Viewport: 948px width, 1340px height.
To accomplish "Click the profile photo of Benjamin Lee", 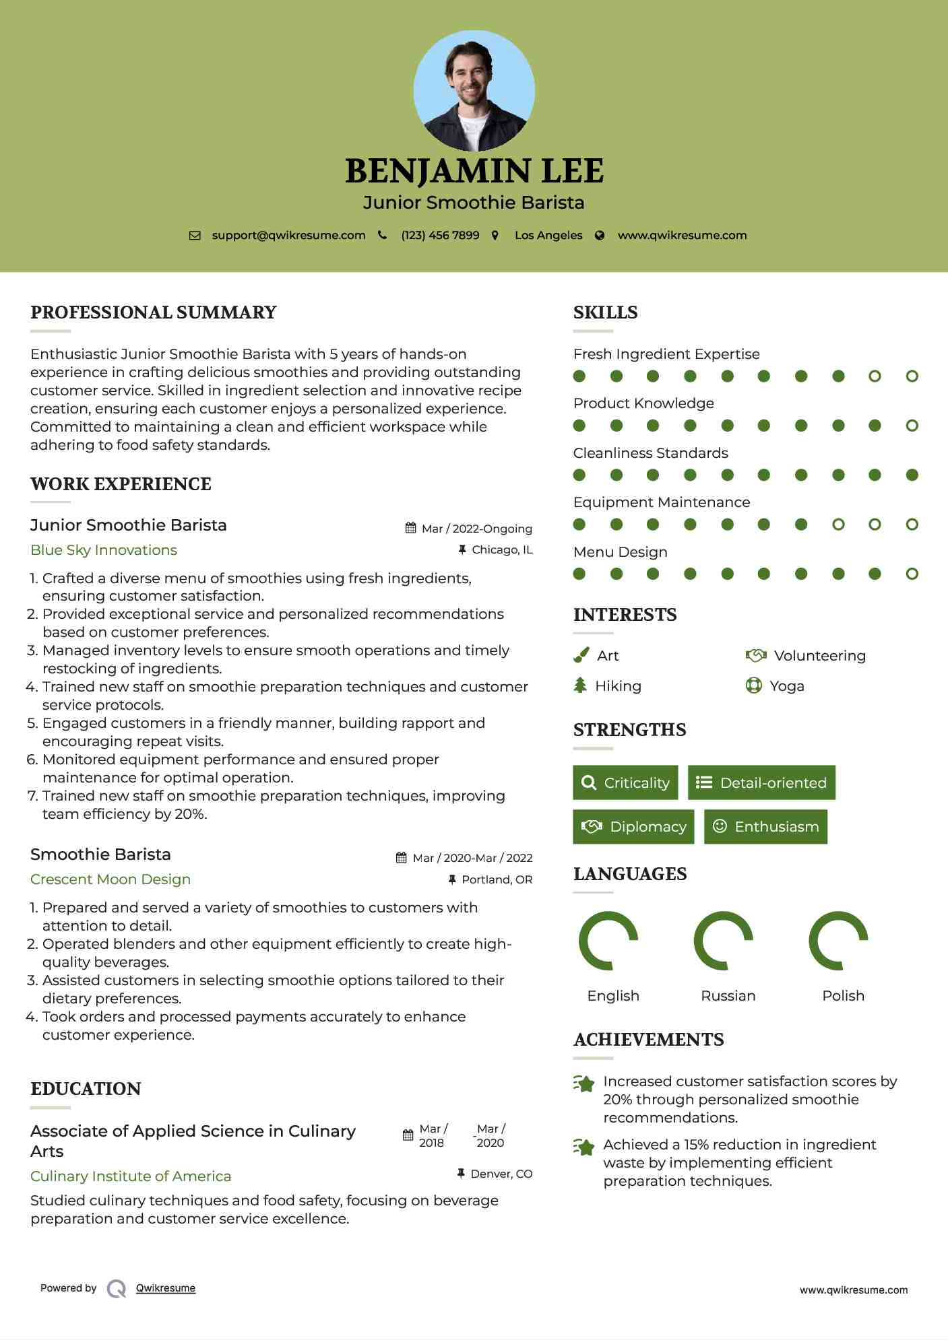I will (x=474, y=91).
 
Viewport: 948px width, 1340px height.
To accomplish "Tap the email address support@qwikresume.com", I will (x=288, y=235).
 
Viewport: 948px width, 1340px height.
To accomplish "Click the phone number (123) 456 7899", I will (x=440, y=235).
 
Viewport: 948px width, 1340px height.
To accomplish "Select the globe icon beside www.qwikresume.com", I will (x=600, y=236).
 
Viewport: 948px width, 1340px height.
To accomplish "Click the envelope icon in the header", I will (x=195, y=236).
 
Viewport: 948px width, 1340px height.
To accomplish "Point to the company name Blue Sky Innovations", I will (x=104, y=550).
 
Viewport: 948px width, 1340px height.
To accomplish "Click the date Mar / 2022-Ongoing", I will (x=476, y=529).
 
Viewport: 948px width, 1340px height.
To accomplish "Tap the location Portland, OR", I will (x=497, y=879).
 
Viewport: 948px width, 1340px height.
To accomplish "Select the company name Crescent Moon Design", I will (x=110, y=879).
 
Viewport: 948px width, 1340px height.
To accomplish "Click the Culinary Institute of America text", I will (x=131, y=1176).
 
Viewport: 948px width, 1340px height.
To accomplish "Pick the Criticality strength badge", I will (x=625, y=782).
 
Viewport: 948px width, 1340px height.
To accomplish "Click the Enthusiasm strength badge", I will (x=765, y=827).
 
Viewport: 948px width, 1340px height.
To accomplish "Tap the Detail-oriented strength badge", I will (x=761, y=782).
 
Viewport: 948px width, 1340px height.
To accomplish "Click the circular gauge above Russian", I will (x=723, y=941).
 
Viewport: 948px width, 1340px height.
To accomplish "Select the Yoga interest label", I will (x=787, y=686).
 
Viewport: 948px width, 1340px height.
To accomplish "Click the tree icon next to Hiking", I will (x=580, y=685).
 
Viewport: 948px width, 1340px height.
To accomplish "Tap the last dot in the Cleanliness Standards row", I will (x=912, y=475).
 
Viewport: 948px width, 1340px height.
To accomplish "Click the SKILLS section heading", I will (x=605, y=312).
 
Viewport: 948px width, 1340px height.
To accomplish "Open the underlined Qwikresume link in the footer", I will (x=166, y=1288).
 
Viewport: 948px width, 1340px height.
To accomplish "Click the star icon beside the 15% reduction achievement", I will (x=584, y=1146).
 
